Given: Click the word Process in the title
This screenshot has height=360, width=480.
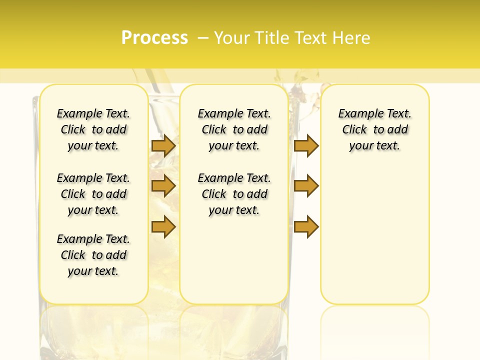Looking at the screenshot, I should click(154, 38).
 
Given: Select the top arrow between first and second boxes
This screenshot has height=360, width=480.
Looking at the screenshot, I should click(163, 146).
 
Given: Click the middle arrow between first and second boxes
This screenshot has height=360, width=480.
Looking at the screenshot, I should click(163, 186).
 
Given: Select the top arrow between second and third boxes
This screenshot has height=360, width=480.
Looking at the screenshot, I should click(306, 146).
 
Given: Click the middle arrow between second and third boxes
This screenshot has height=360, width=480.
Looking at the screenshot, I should click(306, 186).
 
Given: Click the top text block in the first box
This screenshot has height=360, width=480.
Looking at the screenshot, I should click(93, 129).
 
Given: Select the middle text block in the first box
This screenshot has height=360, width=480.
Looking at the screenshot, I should click(93, 194).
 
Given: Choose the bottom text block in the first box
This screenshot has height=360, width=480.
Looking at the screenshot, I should click(93, 255).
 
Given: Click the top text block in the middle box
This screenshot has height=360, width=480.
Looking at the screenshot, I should click(234, 129).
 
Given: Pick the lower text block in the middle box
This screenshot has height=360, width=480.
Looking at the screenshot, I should click(234, 194).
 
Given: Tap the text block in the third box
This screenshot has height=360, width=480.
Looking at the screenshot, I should click(375, 129).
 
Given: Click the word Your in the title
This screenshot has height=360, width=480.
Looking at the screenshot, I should click(231, 38).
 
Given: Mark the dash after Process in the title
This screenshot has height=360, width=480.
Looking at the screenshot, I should click(203, 38).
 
